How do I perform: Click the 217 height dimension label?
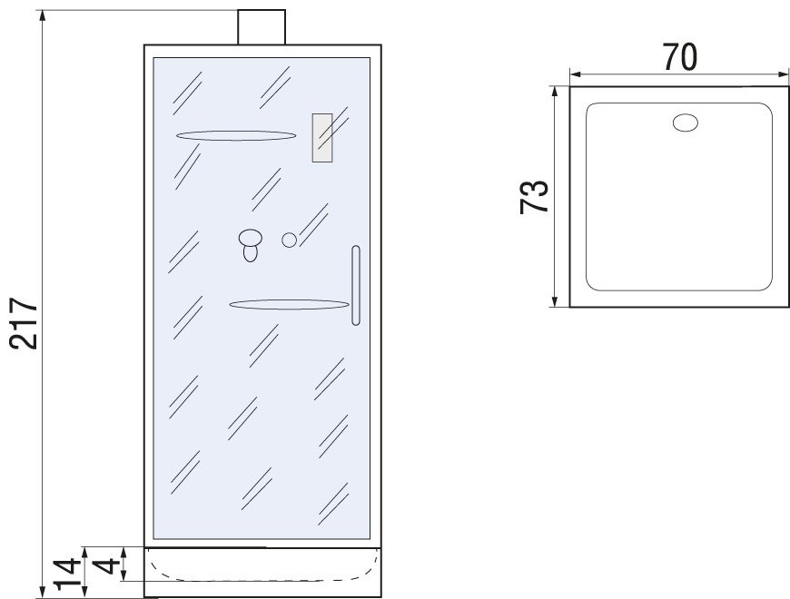24,323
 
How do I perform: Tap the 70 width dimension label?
679,57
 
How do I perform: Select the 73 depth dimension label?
534,197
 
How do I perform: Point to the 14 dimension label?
67,574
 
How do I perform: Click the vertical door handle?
356,285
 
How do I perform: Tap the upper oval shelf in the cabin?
236,135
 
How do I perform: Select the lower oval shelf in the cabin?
289,304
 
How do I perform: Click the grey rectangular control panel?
322,138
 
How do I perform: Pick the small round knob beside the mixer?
289,241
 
